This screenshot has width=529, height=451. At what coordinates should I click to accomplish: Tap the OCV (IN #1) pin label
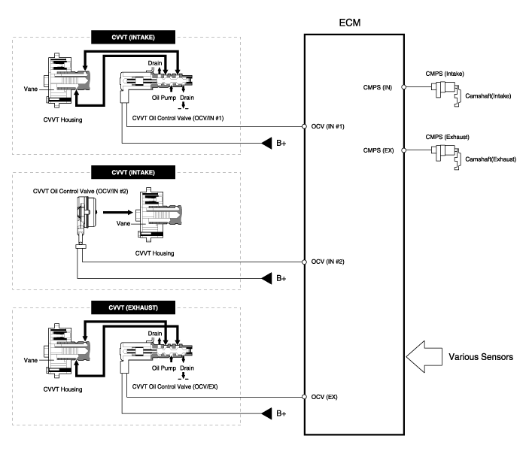(327, 126)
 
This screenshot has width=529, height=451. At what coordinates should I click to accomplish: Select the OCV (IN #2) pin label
(327, 262)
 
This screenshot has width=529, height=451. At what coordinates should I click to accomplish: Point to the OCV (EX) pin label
(323, 397)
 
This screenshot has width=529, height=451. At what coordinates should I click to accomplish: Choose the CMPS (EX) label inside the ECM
(378, 150)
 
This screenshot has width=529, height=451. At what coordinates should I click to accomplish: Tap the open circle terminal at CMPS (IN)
(405, 87)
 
